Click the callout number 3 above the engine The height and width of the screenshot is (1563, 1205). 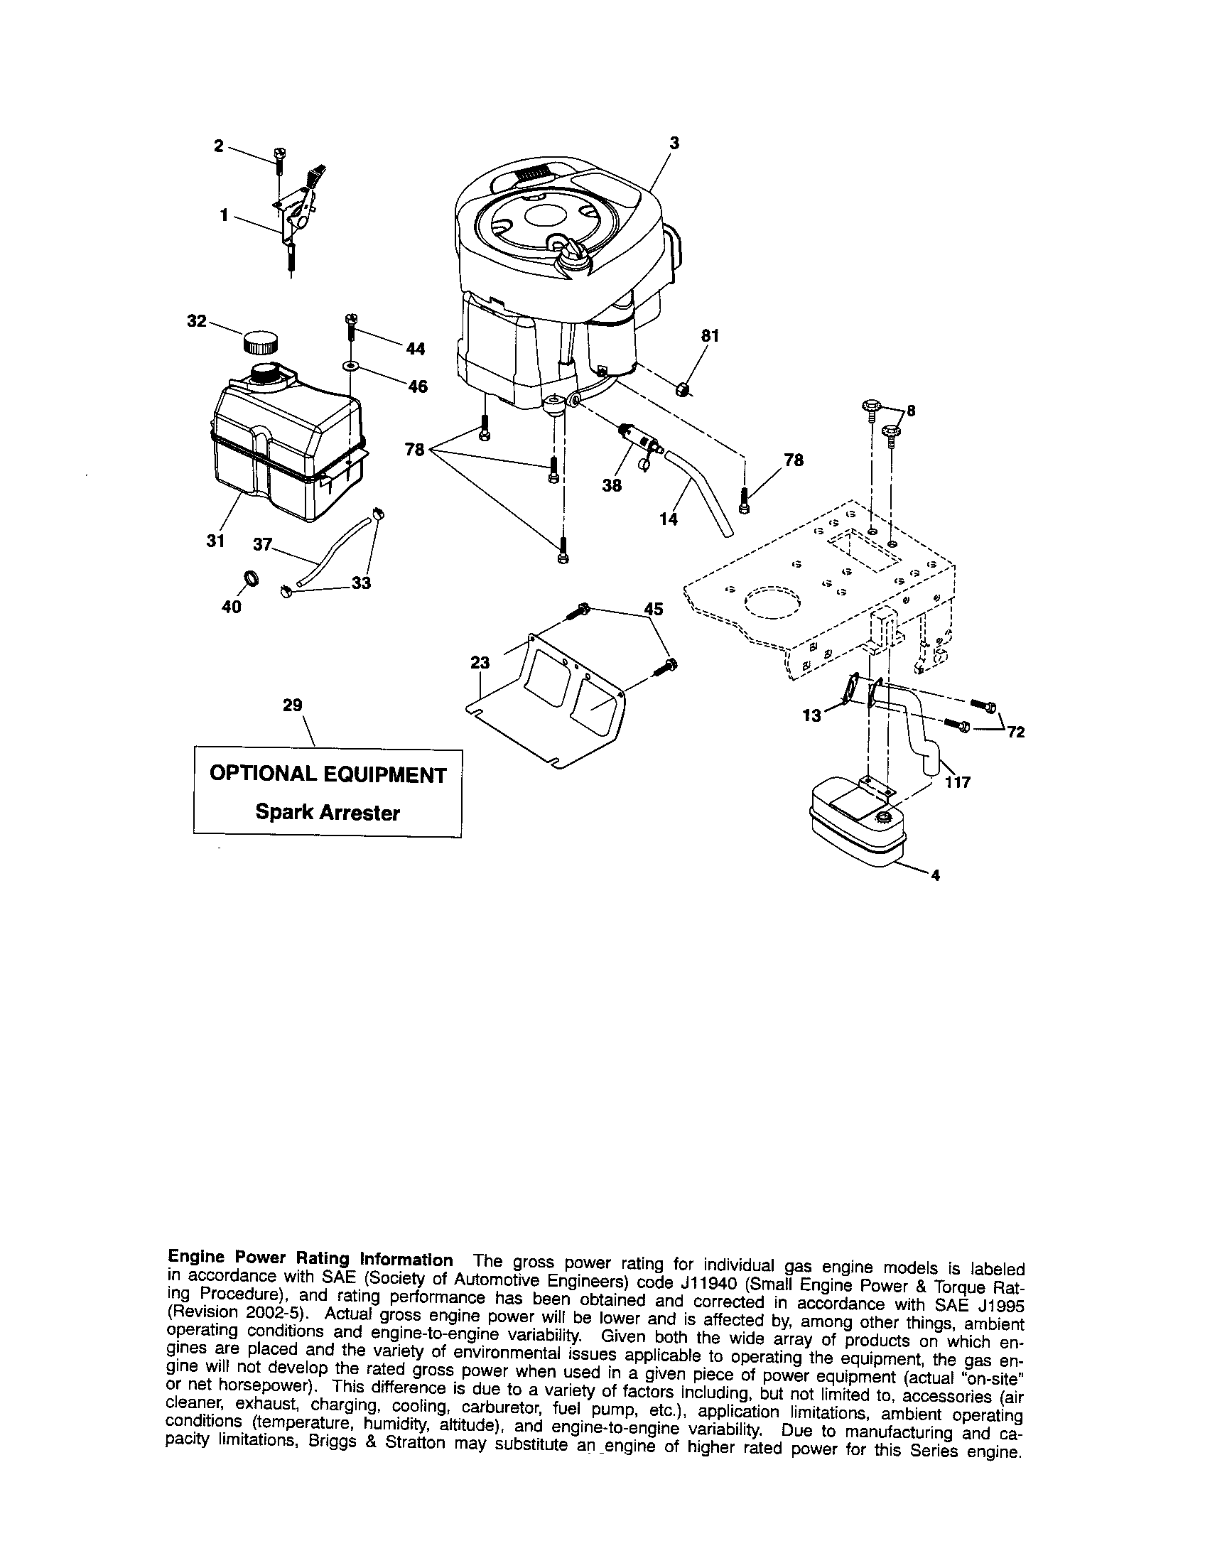[674, 142]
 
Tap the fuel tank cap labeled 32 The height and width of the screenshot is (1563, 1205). [258, 341]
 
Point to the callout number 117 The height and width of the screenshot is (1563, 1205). [958, 782]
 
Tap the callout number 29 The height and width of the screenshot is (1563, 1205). [292, 705]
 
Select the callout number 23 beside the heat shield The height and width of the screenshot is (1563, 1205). [480, 663]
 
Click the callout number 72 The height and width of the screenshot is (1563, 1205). [1016, 732]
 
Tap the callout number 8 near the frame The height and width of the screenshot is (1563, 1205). [911, 411]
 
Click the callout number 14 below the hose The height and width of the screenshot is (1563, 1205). [668, 519]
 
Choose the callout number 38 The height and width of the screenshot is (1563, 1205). [612, 485]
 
